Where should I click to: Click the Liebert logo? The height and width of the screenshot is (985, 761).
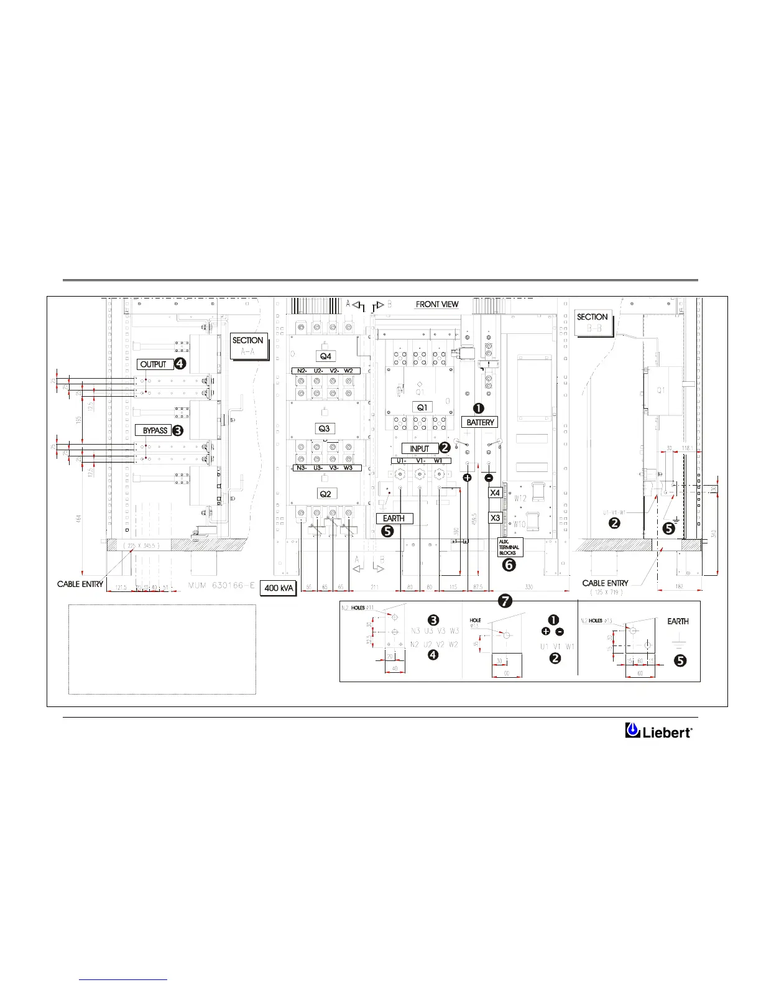[658, 731]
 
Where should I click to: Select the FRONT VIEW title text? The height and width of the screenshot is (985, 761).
[437, 304]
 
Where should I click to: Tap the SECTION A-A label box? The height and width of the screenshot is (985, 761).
[248, 346]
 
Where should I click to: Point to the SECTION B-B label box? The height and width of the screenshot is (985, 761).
[593, 322]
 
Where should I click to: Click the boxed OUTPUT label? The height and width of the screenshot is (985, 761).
[154, 364]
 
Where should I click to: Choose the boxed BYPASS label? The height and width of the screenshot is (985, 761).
[155, 430]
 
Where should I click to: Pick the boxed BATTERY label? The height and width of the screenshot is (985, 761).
[481, 422]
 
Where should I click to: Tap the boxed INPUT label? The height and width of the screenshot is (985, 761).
[420, 448]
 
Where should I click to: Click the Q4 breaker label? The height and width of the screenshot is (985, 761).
[325, 356]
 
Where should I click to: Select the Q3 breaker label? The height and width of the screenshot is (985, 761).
[324, 428]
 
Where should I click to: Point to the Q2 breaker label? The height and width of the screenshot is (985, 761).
[325, 494]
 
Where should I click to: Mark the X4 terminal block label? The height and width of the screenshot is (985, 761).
[495, 492]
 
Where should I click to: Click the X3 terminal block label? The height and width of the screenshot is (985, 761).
[495, 517]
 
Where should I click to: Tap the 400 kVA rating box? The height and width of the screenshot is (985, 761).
[279, 588]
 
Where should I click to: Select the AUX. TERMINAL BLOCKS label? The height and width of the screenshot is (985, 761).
[509, 547]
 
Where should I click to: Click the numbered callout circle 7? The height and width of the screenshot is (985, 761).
[505, 601]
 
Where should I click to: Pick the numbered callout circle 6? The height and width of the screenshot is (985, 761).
[509, 565]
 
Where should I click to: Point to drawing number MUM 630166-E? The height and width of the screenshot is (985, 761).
[221, 585]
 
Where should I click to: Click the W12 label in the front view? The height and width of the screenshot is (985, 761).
[520, 498]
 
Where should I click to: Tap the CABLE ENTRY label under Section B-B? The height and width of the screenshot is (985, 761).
[605, 583]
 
